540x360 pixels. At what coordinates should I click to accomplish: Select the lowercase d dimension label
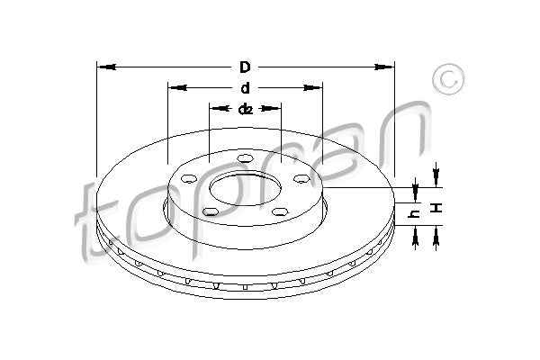click(245, 88)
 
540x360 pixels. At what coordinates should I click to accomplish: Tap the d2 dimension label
click(245, 110)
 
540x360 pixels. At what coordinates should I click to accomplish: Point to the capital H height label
click(437, 208)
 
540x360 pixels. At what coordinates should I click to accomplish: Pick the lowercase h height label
click(415, 214)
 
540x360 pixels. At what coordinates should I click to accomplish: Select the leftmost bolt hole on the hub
click(188, 179)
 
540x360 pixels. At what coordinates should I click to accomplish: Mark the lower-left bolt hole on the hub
click(211, 211)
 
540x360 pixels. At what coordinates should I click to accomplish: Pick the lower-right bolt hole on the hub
click(280, 211)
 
